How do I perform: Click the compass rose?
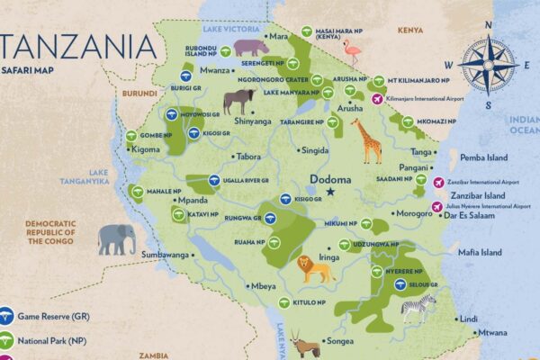tap(489, 66)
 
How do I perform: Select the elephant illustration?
tap(117, 239)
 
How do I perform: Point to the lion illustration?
tap(316, 267)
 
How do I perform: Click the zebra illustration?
tap(418, 309)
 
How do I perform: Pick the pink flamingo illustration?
tap(351, 50)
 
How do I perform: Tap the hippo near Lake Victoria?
tap(250, 47)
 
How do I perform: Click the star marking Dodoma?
tap(330, 192)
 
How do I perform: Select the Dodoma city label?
tap(329, 178)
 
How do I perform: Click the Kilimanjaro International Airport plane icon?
tap(376, 97)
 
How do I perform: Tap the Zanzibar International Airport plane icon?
tap(438, 183)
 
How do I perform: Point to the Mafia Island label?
tap(480, 253)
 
